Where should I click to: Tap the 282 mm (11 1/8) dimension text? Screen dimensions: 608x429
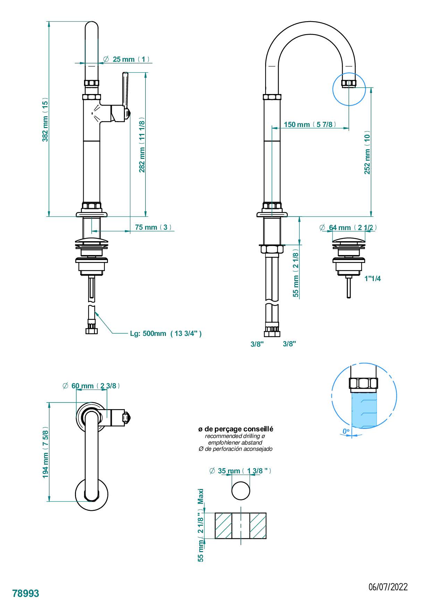[142, 145]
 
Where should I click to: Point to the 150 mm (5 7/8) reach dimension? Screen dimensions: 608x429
[310, 124]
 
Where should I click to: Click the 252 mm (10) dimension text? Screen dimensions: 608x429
[367, 152]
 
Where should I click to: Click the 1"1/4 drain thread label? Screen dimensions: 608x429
[372, 278]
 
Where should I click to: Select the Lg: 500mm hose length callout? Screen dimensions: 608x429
[166, 333]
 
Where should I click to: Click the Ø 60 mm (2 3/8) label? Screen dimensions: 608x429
[92, 386]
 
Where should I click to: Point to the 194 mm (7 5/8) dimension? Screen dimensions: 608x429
[45, 452]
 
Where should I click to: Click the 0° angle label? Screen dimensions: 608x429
[346, 431]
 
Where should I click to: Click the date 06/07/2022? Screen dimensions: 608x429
[388, 587]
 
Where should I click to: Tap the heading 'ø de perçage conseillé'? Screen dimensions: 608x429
[236, 429]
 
